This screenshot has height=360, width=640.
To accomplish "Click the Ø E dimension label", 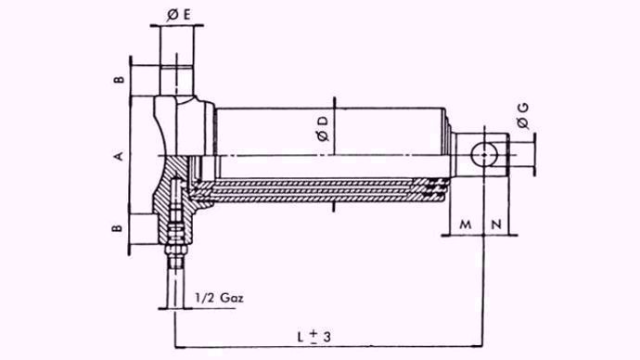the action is (x=179, y=15).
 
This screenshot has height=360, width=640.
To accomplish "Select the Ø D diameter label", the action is (x=323, y=129).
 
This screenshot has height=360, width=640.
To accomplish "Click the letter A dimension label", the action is (x=118, y=156).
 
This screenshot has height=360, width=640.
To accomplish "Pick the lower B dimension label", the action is (x=117, y=227).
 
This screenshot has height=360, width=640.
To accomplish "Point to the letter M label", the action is (x=466, y=225).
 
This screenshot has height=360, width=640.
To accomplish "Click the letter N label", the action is (x=496, y=225).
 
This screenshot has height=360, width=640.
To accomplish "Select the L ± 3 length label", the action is (x=314, y=337).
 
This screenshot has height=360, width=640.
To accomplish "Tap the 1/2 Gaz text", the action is (x=219, y=298).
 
